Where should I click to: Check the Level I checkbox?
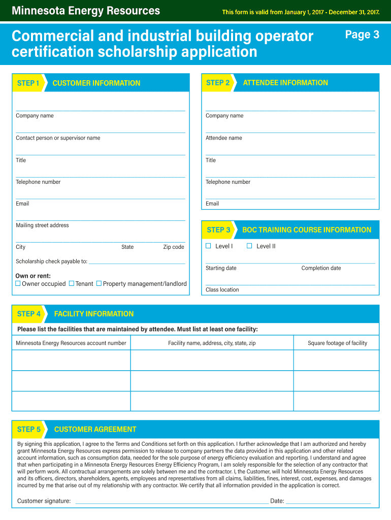(208, 246)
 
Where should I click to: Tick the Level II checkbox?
(249, 246)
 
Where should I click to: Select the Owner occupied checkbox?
(18, 283)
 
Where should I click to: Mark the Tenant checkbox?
(72, 283)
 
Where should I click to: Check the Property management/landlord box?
(99, 283)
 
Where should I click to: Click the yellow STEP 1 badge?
(28, 83)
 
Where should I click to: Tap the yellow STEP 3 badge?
(218, 230)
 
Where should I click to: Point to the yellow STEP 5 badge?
(29, 429)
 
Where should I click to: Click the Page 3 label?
(362, 35)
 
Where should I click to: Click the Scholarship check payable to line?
(137, 263)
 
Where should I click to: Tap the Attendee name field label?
(224, 138)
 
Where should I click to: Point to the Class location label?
(222, 290)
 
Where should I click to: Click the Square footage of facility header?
(337, 343)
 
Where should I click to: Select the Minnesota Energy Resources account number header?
(71, 343)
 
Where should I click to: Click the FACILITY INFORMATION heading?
(94, 314)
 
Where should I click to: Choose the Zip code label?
(174, 247)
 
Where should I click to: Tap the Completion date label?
(321, 268)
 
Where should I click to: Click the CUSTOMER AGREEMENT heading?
(95, 429)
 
